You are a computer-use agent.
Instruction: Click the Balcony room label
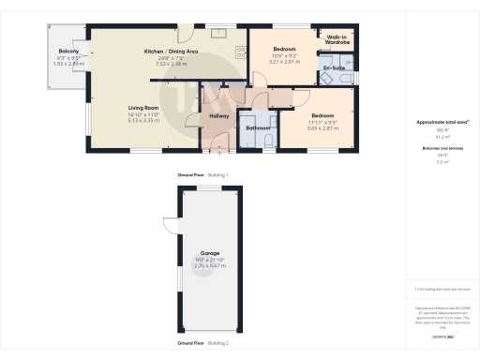tap(66, 52)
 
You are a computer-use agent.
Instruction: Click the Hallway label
tap(218, 115)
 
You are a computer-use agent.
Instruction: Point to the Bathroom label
tap(258, 127)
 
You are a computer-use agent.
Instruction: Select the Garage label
tap(209, 253)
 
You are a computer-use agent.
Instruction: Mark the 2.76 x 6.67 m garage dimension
tap(209, 266)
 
